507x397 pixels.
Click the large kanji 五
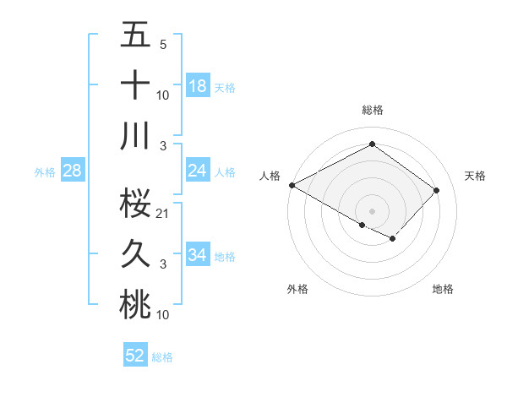tap(136, 36)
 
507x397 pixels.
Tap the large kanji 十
tap(136, 85)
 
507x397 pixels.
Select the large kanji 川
tap(136, 135)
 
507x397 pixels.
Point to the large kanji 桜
tap(136, 203)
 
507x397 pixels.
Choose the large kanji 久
tap(136, 253)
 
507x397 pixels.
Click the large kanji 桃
tap(136, 305)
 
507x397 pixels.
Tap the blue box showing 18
tap(198, 86)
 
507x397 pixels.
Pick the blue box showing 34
tap(198, 255)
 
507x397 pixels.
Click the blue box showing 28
tap(73, 171)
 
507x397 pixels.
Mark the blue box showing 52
tap(135, 356)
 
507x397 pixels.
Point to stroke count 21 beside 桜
tap(163, 213)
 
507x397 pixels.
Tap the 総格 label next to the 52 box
tap(162, 357)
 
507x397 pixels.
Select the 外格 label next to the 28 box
tap(45, 172)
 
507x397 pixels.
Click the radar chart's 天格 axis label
tap(476, 176)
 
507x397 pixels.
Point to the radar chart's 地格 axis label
tap(443, 289)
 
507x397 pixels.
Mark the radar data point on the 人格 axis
tap(292, 185)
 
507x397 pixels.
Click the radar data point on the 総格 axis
tap(372, 144)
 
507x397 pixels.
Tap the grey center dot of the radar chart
tap(372, 210)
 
